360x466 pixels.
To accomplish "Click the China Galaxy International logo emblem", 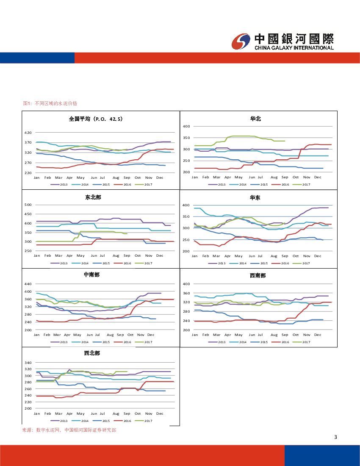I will (x=241, y=42).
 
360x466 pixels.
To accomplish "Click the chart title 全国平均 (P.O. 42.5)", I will (x=96, y=119).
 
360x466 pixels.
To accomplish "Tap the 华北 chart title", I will (x=256, y=119).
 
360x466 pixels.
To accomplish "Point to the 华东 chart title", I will (x=256, y=197).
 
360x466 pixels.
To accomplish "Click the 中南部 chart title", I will (x=91, y=275).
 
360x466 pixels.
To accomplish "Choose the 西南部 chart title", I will (x=258, y=276).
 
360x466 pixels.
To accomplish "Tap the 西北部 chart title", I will (x=92, y=353).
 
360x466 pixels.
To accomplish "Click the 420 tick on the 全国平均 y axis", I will (x=28, y=133).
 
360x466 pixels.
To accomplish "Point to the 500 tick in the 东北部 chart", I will (x=28, y=205).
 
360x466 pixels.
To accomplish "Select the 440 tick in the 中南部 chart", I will (x=28, y=284).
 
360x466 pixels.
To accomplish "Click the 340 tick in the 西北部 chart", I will (x=28, y=363).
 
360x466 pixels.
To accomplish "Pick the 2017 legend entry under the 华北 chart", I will (x=302, y=185).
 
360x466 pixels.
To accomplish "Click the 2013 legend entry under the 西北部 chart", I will (x=60, y=421).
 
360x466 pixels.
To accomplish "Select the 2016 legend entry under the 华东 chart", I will (x=281, y=264).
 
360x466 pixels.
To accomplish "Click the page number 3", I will (x=335, y=438).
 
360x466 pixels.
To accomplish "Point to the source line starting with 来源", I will (x=69, y=430).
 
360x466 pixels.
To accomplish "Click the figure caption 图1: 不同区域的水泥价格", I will (x=50, y=103).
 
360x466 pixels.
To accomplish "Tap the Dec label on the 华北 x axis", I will (x=318, y=177).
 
